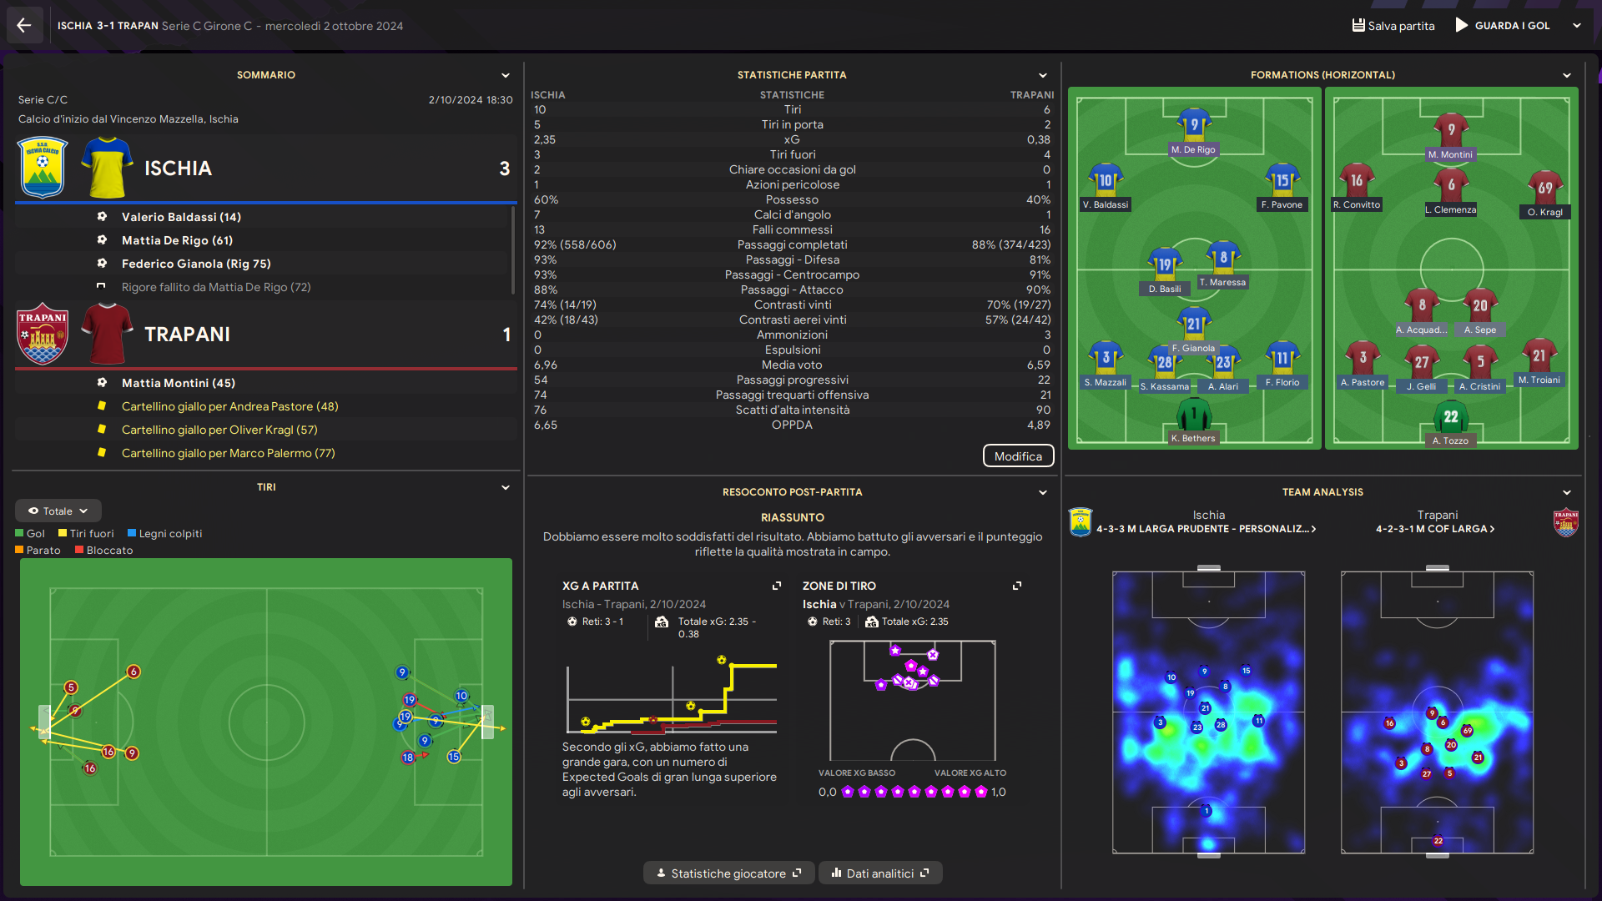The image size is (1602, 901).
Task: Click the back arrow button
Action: [24, 26]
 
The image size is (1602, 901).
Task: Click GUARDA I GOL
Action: [1511, 26]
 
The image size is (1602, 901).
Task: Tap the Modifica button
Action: [1018, 456]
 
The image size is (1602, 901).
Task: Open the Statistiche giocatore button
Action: [728, 873]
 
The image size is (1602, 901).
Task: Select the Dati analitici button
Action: [880, 873]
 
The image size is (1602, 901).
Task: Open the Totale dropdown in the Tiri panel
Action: [58, 511]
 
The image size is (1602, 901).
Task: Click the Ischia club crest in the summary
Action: [43, 168]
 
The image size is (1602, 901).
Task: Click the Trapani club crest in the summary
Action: [43, 334]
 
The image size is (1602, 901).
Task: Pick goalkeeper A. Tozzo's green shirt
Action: [1451, 417]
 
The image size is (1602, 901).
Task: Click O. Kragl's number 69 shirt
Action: [1545, 189]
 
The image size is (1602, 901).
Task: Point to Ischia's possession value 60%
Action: [547, 200]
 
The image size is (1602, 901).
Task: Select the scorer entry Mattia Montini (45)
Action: [179, 383]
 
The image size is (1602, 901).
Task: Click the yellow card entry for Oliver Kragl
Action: [219, 430]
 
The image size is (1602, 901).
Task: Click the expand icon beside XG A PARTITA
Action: [777, 586]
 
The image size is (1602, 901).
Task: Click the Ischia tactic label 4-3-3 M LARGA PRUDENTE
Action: [1206, 529]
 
